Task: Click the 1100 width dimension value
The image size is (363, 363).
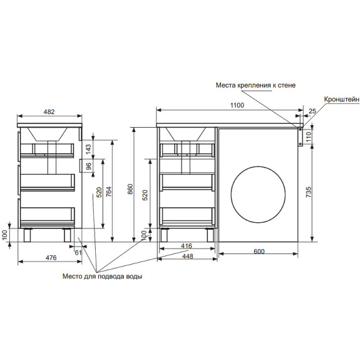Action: point(237,105)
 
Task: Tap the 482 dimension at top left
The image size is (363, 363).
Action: point(49,112)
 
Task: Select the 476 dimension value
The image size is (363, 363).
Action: point(51,258)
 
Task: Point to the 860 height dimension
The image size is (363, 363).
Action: point(130,189)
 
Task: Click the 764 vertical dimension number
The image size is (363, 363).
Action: point(108,192)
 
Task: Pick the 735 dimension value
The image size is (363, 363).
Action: point(309,192)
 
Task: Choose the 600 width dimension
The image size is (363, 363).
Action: point(258,251)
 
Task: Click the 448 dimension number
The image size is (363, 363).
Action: point(188,257)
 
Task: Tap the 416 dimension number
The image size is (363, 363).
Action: point(187,246)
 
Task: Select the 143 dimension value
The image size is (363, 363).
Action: point(88,150)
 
